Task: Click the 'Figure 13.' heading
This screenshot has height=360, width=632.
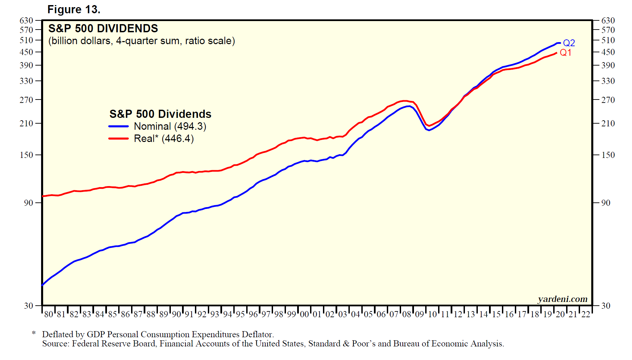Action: [74, 10]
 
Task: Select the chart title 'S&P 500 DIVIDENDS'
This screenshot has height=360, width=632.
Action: [103, 29]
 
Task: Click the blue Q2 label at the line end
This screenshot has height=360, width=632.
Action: [569, 43]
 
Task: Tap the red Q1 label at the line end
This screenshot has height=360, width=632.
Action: [565, 53]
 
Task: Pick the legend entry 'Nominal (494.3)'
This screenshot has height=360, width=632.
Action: [170, 126]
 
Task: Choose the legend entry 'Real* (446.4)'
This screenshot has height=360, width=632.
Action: [164, 139]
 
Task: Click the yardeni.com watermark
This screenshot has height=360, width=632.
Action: [562, 299]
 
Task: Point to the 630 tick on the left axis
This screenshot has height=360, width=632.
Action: [26, 21]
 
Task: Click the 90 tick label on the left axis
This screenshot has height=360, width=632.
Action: [29, 203]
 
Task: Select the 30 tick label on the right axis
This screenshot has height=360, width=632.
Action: [606, 306]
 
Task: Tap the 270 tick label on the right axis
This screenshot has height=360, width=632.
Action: [608, 100]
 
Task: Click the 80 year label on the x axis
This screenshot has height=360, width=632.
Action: [49, 314]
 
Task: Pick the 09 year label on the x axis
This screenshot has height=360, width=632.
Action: [419, 314]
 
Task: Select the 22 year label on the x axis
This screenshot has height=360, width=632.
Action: [586, 314]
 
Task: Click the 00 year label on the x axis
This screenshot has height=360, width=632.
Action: [304, 314]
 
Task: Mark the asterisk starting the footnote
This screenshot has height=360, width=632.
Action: [34, 333]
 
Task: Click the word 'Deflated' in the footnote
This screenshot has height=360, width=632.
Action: [63, 335]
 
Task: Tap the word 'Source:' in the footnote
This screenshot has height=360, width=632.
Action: [56, 344]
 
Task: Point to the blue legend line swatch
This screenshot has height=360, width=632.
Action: [119, 126]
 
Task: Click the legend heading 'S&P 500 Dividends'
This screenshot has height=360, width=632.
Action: [160, 114]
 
